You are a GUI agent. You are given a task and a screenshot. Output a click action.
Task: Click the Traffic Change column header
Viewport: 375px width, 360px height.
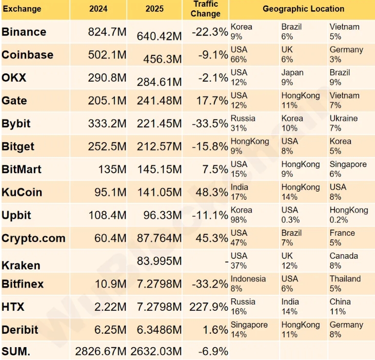(x=205, y=9)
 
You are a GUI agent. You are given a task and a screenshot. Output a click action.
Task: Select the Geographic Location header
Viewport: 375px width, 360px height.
(x=303, y=9)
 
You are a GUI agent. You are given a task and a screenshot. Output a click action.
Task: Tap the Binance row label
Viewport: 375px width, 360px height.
(x=24, y=32)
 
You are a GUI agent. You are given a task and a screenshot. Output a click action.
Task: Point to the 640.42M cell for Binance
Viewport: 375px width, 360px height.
(x=159, y=36)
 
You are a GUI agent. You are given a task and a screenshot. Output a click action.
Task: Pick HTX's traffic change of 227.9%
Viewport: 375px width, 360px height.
(x=209, y=307)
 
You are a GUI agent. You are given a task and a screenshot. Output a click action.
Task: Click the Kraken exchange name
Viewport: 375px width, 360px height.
(x=21, y=266)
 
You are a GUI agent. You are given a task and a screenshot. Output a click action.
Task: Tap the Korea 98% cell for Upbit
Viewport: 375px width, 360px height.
(x=242, y=215)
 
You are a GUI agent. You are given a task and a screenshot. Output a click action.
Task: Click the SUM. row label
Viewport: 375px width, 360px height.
(x=16, y=351)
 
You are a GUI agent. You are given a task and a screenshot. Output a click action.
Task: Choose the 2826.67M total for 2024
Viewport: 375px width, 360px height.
(x=101, y=351)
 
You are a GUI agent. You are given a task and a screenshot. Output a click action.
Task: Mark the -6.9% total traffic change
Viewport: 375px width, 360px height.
(x=213, y=351)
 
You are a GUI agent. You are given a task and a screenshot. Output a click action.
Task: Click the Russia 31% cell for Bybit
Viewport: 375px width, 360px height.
(x=243, y=123)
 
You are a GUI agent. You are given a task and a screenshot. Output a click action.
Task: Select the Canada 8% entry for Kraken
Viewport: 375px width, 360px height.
(x=344, y=260)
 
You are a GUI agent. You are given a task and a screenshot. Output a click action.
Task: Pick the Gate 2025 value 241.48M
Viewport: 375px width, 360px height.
(x=159, y=101)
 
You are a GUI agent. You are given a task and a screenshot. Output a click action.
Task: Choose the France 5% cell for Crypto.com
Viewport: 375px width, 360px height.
(x=342, y=238)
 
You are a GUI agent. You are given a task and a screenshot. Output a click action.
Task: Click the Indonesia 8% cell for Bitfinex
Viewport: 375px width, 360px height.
(x=248, y=283)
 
